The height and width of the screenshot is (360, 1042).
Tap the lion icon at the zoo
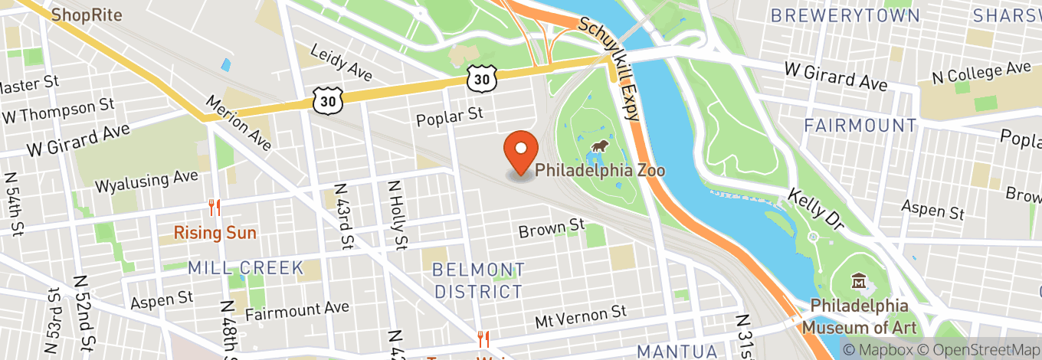[599, 146]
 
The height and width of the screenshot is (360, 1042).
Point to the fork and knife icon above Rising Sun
[215, 208]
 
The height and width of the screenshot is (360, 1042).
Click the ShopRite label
[87, 15]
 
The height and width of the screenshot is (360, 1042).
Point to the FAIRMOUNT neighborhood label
[860, 125]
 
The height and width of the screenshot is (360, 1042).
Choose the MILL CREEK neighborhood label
[245, 268]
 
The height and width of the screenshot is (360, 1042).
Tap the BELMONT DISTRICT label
[479, 280]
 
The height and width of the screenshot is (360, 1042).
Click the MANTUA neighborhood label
[677, 351]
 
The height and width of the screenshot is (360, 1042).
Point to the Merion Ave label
[239, 123]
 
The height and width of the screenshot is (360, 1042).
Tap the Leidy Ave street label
[341, 63]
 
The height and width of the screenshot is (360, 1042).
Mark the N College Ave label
[981, 74]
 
